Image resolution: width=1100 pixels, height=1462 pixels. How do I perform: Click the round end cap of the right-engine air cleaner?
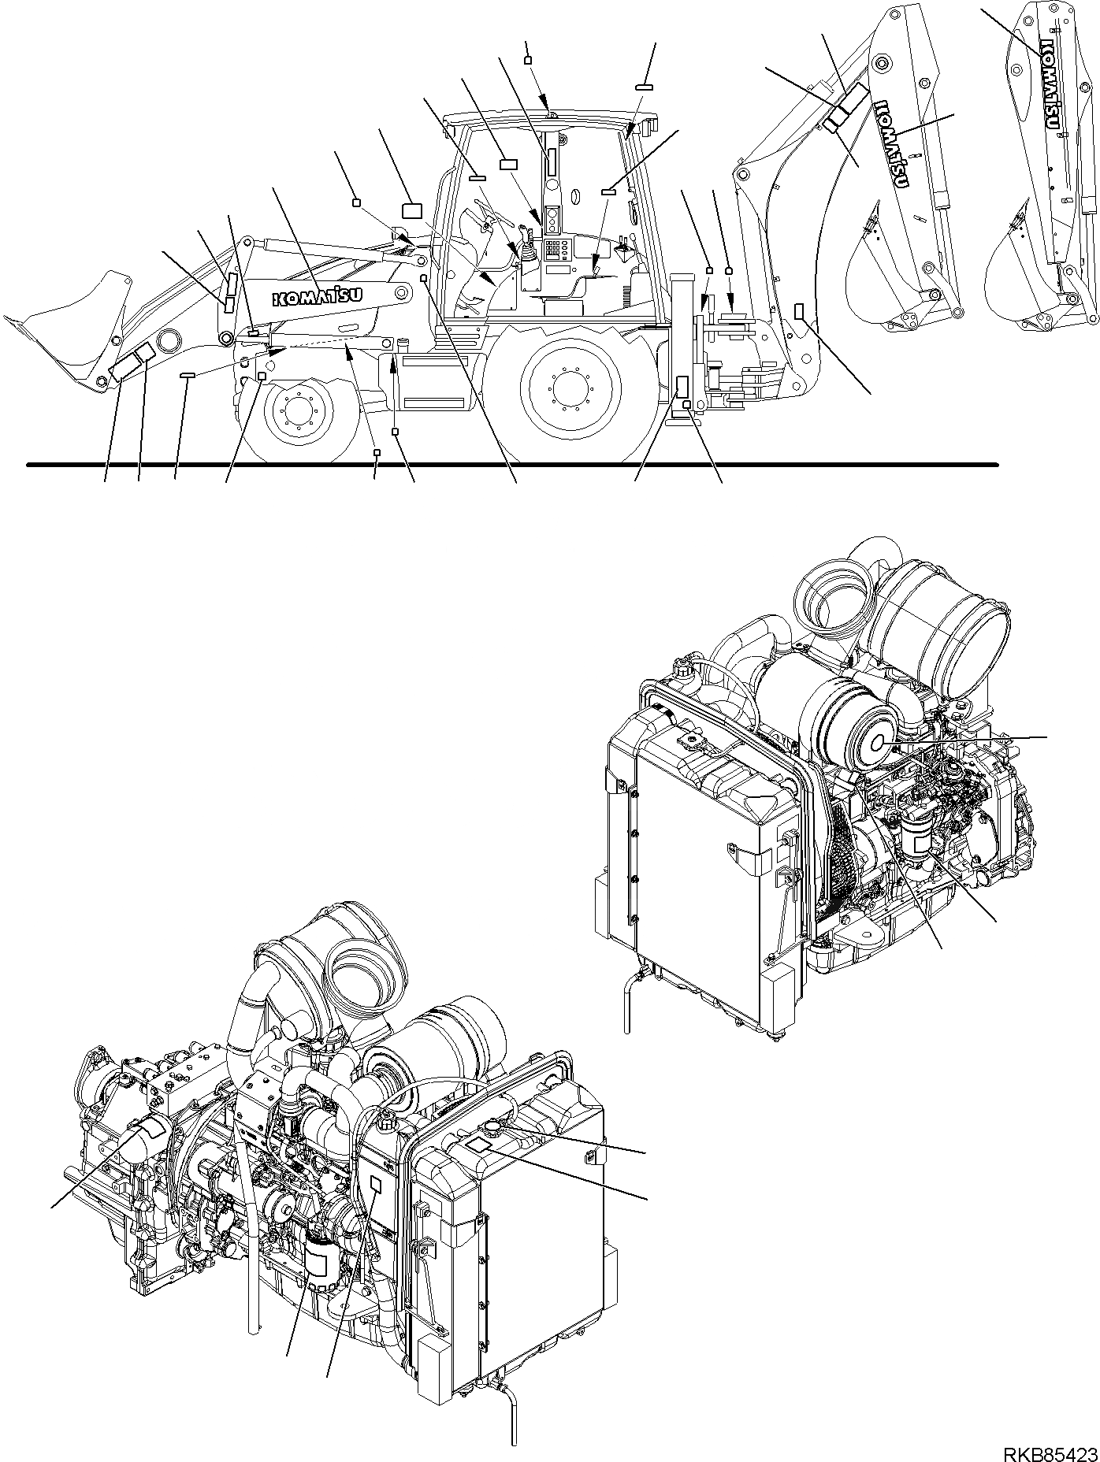(x=879, y=743)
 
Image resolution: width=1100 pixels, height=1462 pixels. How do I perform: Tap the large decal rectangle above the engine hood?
(x=412, y=210)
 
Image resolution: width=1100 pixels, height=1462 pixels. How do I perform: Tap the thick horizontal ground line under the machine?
(x=512, y=465)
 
